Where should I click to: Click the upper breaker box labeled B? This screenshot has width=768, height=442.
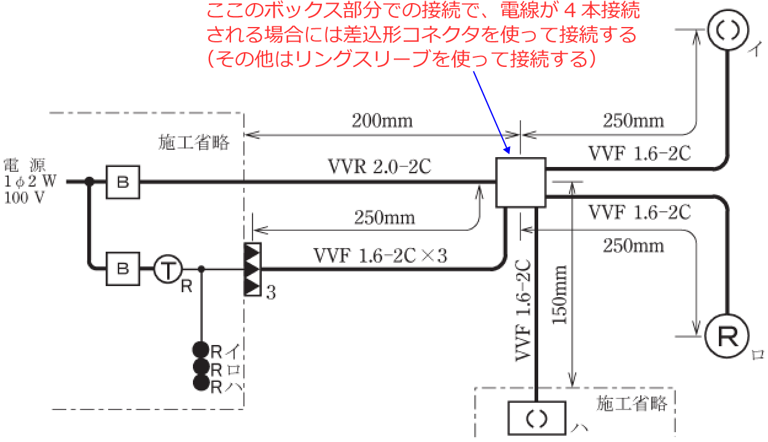click(123, 182)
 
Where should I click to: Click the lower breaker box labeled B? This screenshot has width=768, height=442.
click(123, 269)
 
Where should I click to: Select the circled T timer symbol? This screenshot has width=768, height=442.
click(168, 269)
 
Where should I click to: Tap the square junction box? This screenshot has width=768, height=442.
click(521, 182)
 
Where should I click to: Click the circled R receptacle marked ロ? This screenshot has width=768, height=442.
click(727, 336)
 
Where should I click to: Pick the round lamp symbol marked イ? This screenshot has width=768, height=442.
click(728, 29)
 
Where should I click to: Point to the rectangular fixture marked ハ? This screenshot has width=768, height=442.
click(536, 418)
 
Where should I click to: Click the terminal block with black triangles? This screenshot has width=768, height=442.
click(253, 269)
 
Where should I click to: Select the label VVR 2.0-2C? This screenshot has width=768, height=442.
click(380, 167)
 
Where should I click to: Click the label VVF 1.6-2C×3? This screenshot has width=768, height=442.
click(380, 255)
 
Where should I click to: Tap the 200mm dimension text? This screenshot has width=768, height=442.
click(382, 121)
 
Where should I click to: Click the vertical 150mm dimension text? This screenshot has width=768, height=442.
click(560, 295)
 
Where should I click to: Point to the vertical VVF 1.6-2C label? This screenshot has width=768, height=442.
click(523, 311)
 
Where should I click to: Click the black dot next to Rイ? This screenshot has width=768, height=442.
click(201, 350)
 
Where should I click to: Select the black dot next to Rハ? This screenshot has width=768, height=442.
click(202, 383)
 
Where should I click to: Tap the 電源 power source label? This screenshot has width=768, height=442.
click(25, 166)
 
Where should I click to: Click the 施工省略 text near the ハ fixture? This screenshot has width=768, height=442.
click(632, 403)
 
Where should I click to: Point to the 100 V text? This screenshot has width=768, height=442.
click(25, 198)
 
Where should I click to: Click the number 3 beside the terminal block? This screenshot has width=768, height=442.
click(271, 293)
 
